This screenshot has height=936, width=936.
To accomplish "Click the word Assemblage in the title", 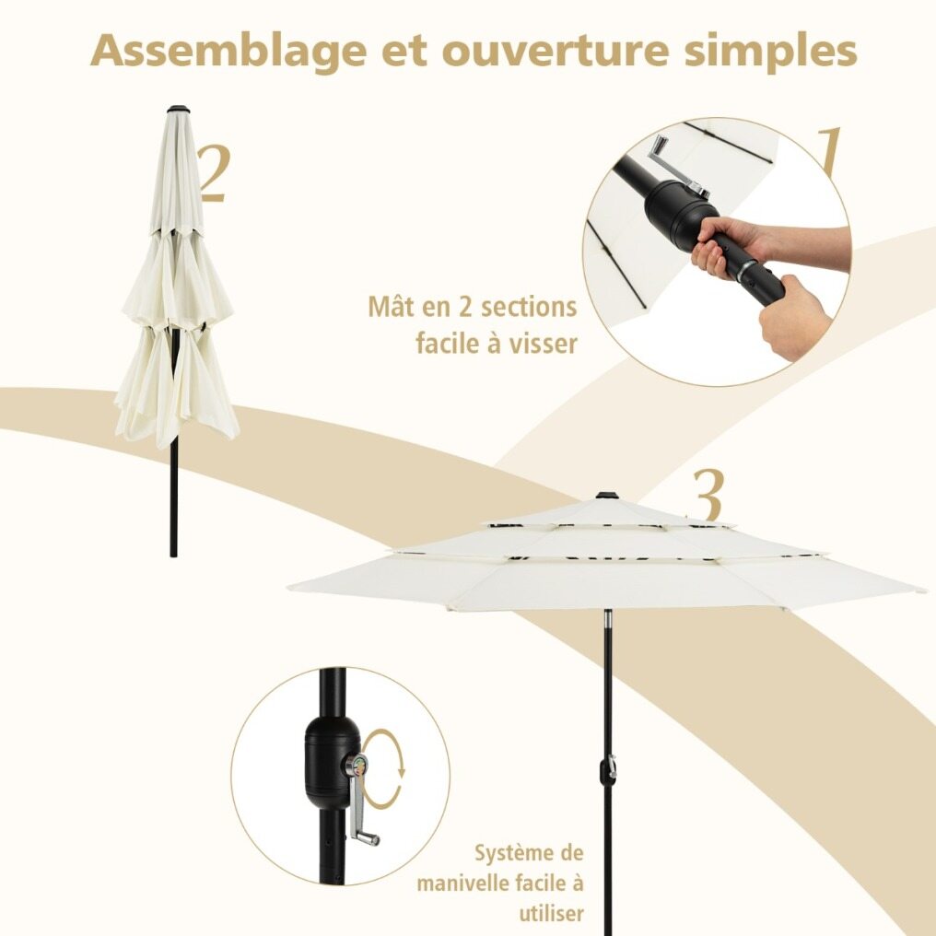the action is (x=228, y=53).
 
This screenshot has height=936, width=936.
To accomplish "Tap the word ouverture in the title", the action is (x=556, y=52).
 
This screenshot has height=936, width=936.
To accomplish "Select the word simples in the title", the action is (x=771, y=53).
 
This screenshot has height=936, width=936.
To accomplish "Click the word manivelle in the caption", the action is (x=461, y=883).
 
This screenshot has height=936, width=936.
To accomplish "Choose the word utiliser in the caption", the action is (x=551, y=913).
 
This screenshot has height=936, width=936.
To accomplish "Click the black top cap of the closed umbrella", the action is (x=178, y=110).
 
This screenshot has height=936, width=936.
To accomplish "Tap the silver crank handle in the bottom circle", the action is (x=360, y=801).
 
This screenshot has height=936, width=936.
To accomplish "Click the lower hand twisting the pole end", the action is (x=795, y=318).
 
